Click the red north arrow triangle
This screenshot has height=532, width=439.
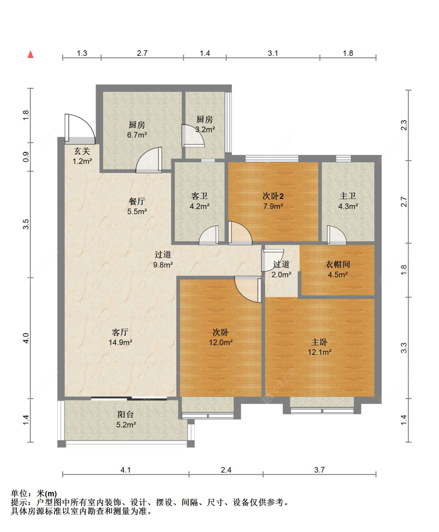point(30,54)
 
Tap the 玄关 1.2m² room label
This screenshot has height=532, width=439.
point(82,156)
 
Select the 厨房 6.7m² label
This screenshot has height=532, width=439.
point(137,130)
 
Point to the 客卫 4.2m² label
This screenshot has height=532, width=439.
point(199,201)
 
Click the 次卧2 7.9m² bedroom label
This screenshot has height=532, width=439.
point(273,201)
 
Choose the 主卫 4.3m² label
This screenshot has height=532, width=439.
point(348,201)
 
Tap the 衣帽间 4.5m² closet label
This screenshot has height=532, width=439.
point(338,269)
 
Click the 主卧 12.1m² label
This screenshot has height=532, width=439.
point(320,347)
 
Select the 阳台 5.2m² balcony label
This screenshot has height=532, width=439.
point(126,419)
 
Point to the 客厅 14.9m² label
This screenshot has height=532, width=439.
point(120,337)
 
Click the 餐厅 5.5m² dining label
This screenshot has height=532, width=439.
point(137,206)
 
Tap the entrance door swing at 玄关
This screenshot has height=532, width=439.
point(80,128)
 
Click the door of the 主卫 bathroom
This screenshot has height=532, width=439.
point(337,235)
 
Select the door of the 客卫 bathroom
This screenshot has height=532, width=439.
point(209,235)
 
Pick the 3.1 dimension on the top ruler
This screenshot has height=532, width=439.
point(273,53)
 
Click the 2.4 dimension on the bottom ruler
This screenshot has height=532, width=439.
point(226,470)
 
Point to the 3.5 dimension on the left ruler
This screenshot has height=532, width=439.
point(26,224)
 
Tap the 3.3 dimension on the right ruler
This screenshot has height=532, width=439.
point(404,348)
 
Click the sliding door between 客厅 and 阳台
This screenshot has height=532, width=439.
point(129,399)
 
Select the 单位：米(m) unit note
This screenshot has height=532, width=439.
point(34,493)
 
